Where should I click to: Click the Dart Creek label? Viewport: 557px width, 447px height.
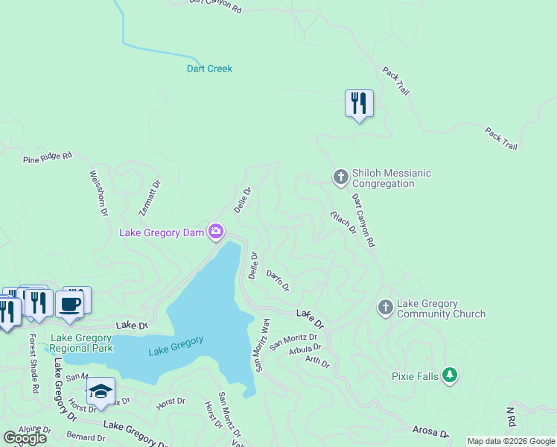pos(209,69)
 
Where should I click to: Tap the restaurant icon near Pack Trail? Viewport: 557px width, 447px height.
pos(359,104)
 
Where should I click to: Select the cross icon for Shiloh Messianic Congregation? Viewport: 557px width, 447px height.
pos(340,177)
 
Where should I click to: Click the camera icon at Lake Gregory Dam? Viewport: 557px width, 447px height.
pos(216,232)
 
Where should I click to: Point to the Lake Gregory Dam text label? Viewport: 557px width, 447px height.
pos(162,233)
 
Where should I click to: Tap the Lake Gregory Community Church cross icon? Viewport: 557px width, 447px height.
pos(385,306)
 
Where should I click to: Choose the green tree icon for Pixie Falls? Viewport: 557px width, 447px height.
pos(449,375)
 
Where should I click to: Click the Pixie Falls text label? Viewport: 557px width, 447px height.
pos(415,376)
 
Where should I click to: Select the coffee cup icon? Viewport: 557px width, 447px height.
pos(70,304)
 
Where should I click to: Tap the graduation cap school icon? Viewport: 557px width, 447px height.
pos(101,391)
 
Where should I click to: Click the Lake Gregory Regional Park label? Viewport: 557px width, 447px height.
pos(81,343)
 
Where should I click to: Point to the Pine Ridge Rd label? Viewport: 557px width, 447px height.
pos(48,157)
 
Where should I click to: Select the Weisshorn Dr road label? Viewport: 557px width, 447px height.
pos(98,194)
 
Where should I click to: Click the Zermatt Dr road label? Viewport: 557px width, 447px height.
pos(153,197)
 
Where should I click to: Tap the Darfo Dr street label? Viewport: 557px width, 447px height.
pos(277,281)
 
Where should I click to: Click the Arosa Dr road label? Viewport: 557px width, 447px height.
pos(431,432)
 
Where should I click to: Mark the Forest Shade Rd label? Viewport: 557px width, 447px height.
pos(34,364)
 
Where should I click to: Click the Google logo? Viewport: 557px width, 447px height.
pos(25,438)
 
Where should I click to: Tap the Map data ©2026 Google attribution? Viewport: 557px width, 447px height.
pos(511,441)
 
